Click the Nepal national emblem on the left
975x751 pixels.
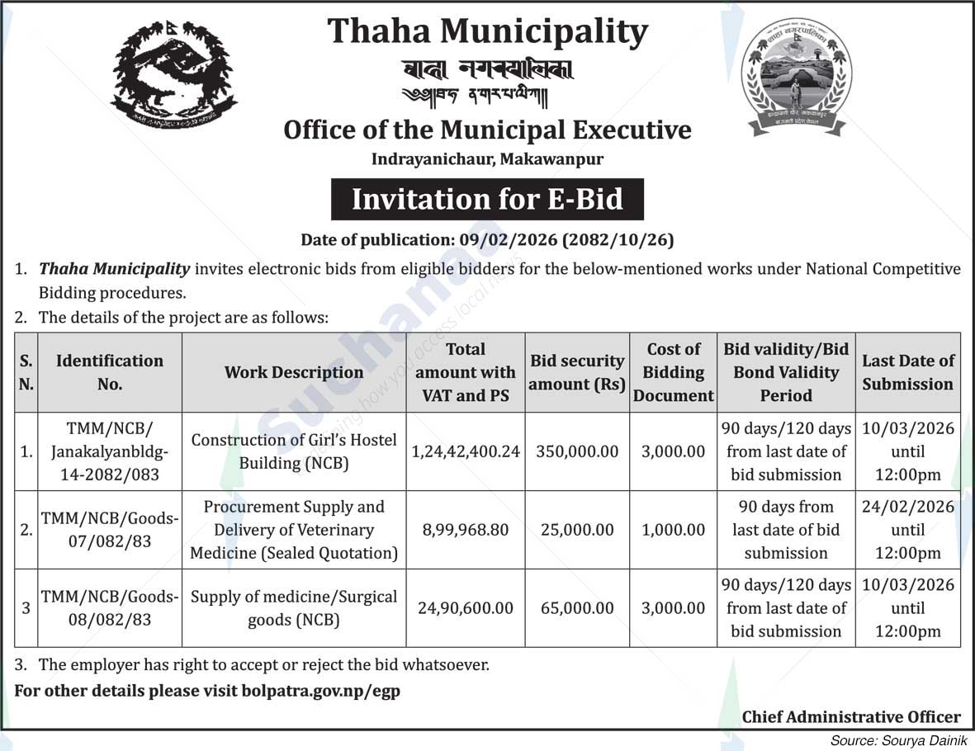(173, 74)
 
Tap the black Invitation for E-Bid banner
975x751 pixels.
(487, 200)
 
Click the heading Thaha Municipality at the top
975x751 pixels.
(487, 31)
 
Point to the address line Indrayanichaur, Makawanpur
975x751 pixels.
(487, 158)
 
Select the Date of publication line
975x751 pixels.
(487, 240)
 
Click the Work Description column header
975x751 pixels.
(293, 372)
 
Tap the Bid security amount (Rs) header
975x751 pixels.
(576, 372)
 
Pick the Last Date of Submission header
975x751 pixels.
(907, 372)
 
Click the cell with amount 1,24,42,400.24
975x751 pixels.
(466, 451)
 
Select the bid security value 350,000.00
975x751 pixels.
(576, 451)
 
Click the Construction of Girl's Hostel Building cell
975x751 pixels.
(293, 451)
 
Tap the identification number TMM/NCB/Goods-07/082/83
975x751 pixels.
(109, 530)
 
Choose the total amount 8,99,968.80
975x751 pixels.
(466, 530)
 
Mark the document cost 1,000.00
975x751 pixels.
(673, 530)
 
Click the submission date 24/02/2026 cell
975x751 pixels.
(907, 530)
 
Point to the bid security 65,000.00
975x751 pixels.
(576, 608)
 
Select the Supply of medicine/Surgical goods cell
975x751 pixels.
(293, 608)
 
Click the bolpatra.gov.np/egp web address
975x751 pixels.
(321, 692)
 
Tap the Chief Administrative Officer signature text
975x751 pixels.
(850, 717)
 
